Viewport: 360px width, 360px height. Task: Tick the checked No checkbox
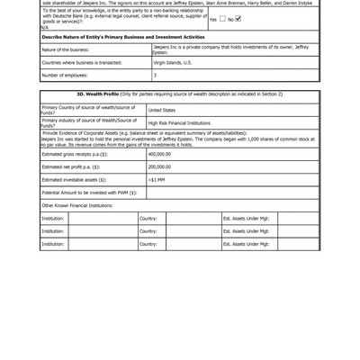point(238,18)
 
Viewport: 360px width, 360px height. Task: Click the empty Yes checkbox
point(221,18)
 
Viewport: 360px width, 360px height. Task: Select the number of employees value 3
point(155,75)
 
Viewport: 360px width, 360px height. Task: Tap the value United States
point(162,110)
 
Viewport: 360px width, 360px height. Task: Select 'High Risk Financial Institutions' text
point(179,122)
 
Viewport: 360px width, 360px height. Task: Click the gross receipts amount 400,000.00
point(160,154)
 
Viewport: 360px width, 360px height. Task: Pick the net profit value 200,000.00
point(160,166)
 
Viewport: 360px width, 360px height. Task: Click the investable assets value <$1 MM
point(157,179)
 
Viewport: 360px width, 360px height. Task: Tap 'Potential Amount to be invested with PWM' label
point(87,193)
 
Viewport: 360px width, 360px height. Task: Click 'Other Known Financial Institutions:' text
point(77,205)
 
